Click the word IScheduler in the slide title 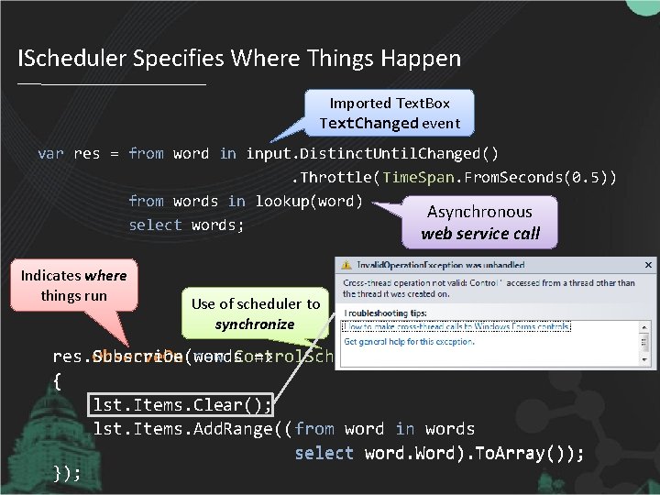click(72, 60)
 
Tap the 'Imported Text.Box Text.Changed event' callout click(390, 113)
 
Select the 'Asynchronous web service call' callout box click(480, 222)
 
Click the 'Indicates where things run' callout click(73, 285)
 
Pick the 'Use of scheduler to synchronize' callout click(255, 313)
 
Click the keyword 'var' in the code click(50, 154)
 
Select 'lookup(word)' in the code click(309, 201)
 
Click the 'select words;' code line click(186, 225)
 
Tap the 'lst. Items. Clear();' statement click(181, 404)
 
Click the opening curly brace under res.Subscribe click(57, 380)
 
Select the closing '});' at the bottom click(67, 473)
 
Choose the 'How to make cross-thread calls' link click(456, 326)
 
